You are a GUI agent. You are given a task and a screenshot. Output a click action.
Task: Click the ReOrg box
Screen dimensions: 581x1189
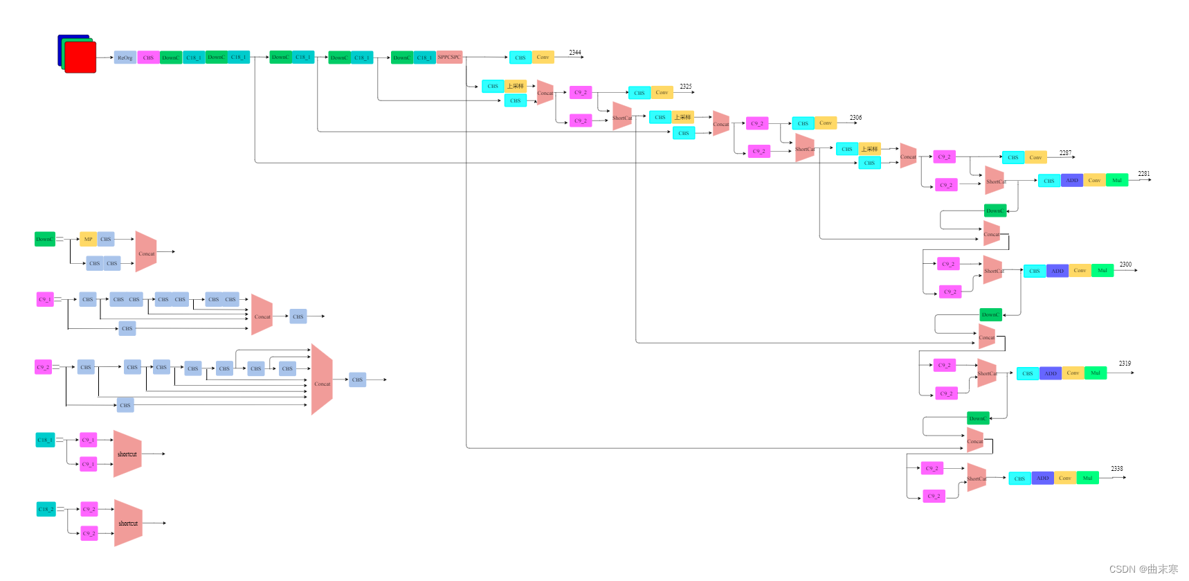coord(125,57)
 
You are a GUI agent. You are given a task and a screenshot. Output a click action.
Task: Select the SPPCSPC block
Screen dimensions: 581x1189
coord(449,57)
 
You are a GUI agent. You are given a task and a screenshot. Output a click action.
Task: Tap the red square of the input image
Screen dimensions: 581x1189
coord(80,57)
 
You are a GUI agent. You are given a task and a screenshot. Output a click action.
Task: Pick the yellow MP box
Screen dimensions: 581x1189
coord(88,239)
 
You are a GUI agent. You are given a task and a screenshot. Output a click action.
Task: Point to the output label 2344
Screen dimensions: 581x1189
coord(575,53)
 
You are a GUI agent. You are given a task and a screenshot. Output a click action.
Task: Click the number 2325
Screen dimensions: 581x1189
coord(685,87)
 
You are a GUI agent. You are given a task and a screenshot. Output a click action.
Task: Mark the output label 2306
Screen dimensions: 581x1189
coord(855,118)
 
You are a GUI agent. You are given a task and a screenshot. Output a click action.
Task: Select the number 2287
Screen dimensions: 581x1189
coord(1065,153)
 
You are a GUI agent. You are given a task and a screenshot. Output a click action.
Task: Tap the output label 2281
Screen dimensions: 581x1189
coord(1144,174)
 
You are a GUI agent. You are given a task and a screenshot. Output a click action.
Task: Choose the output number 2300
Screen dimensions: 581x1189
coord(1125,265)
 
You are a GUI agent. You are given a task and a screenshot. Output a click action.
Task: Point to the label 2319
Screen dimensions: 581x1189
coord(1125,364)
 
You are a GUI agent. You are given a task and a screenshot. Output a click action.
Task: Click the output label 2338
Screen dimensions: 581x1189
coord(1116,469)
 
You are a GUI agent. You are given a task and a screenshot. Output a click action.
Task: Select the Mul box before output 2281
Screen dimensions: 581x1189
coord(1116,180)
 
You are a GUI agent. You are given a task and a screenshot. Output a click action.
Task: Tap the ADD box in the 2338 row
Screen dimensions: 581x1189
coord(1042,478)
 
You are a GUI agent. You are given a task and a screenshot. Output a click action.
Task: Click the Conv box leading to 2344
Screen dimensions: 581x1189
coord(543,57)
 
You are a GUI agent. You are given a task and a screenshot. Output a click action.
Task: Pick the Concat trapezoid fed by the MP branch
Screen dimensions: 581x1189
coord(146,253)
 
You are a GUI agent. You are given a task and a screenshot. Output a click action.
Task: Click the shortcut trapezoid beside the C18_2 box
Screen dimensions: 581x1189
coord(128,523)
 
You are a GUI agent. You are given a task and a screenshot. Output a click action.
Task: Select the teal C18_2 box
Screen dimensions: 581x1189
coord(46,509)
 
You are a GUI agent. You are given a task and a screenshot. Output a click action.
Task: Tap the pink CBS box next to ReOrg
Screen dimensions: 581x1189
coord(148,57)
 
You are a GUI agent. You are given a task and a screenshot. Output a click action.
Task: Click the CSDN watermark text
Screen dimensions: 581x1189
coord(1143,569)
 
